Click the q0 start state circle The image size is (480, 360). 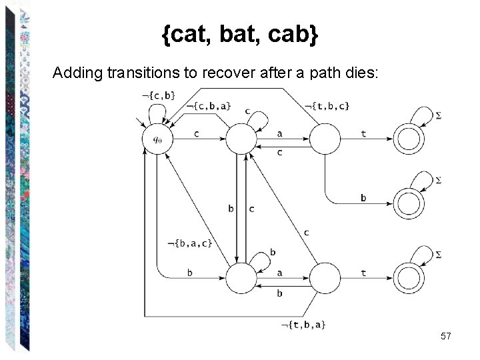pyautogui.click(x=157, y=139)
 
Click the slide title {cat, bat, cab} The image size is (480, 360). pyautogui.click(x=240, y=35)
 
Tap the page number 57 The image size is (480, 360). pyautogui.click(x=446, y=337)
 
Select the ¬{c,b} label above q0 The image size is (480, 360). pyautogui.click(x=159, y=95)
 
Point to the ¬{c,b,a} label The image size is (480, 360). pyautogui.click(x=209, y=105)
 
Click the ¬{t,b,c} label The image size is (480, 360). pyautogui.click(x=327, y=105)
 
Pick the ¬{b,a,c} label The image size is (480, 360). pyautogui.click(x=189, y=243)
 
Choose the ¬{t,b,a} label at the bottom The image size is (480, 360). pyautogui.click(x=303, y=325)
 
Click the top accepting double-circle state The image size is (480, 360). pyautogui.click(x=409, y=139)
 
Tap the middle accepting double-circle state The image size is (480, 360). pyautogui.click(x=409, y=203)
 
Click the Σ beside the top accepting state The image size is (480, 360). pyautogui.click(x=438, y=116)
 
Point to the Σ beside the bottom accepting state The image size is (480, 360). pyautogui.click(x=438, y=254)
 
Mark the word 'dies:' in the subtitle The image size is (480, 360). pyautogui.click(x=363, y=72)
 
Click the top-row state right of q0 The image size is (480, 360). pyautogui.click(x=241, y=139)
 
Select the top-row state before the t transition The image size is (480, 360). pyautogui.click(x=325, y=139)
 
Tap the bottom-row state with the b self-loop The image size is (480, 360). pyautogui.click(x=241, y=278)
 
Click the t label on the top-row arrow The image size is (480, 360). pyautogui.click(x=363, y=133)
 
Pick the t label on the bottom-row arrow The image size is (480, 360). pyautogui.click(x=363, y=272)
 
